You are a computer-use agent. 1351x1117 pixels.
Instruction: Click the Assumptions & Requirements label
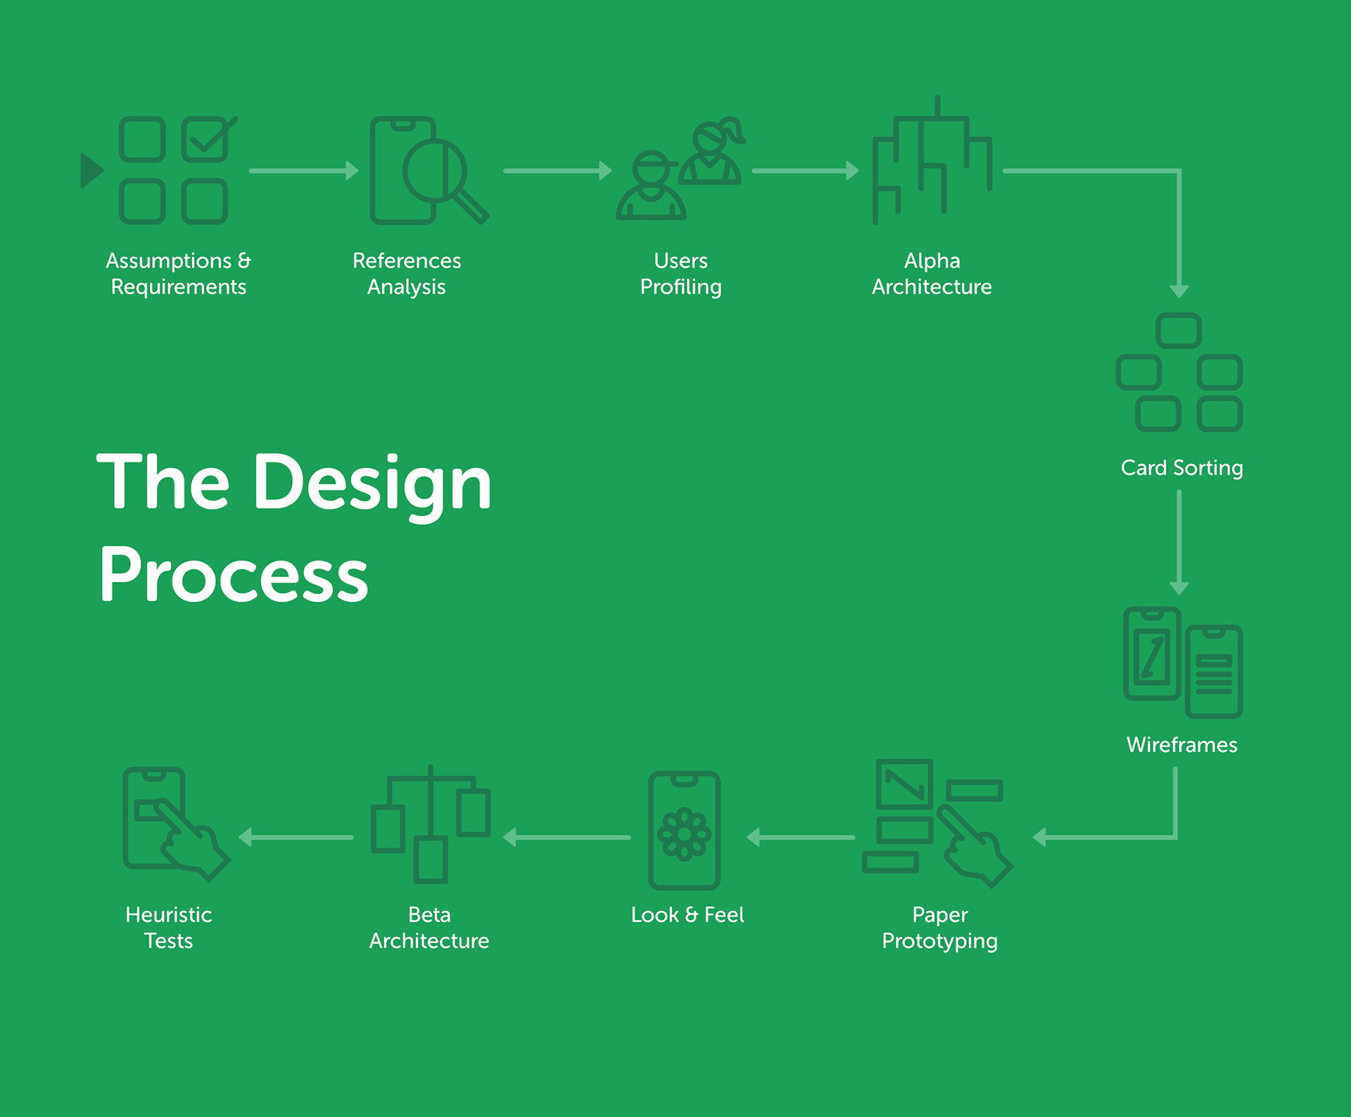click(178, 274)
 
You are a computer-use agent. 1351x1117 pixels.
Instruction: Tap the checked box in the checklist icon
click(205, 139)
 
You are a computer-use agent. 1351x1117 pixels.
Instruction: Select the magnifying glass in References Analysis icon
click(436, 170)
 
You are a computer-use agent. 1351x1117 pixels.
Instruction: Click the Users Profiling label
click(680, 274)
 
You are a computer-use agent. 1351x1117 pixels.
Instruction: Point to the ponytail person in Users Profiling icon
click(713, 152)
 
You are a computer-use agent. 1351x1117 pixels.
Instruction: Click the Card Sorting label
click(1181, 468)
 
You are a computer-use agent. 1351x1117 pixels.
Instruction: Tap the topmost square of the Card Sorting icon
click(1179, 331)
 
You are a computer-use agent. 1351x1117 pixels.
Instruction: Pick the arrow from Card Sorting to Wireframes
click(1179, 542)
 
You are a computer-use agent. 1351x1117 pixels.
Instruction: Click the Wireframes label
click(1181, 745)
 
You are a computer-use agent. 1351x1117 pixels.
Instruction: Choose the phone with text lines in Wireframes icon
click(1214, 671)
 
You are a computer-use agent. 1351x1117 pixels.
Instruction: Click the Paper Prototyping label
click(939, 928)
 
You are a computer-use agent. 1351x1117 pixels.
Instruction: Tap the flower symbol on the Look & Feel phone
click(684, 835)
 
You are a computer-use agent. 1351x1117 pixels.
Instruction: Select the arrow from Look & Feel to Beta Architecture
click(567, 838)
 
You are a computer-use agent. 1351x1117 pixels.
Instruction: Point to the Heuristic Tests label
click(168, 928)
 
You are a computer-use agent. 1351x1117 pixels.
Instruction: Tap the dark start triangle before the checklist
click(91, 170)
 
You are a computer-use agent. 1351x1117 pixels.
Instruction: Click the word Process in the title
click(234, 576)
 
